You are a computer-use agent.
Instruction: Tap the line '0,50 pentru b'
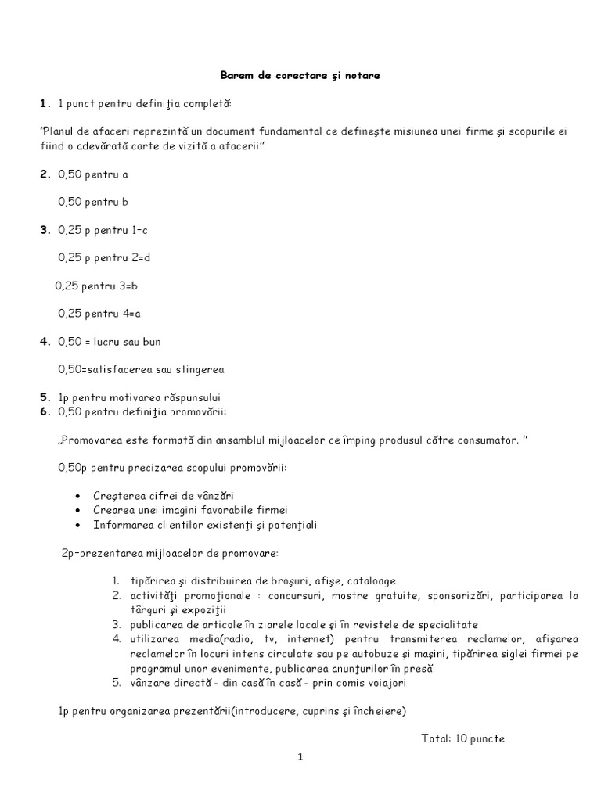pyautogui.click(x=93, y=202)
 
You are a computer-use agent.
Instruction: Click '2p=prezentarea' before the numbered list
pyautogui.click(x=99, y=553)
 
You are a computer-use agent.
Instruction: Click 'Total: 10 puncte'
pyautogui.click(x=462, y=738)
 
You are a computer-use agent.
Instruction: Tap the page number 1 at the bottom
pyautogui.click(x=299, y=757)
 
